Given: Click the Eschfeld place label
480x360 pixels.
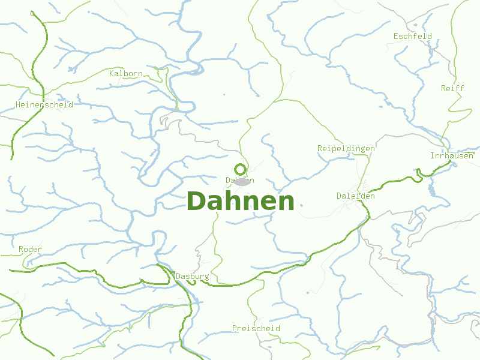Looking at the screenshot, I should coord(412,36).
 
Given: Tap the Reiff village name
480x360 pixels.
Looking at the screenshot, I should coord(452,88).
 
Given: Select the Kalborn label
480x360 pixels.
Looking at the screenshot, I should coord(126,74).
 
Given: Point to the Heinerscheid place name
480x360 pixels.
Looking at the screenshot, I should coord(44,104).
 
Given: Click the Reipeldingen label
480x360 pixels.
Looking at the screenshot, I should coord(346,148).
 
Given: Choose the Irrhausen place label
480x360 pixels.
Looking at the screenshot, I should coord(452,155).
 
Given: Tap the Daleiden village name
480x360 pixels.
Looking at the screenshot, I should coord(356,196).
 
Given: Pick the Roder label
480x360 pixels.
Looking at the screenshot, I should coord(30,249).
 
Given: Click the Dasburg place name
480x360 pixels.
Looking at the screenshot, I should coord(192,276).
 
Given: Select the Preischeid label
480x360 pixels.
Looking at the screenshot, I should coord(256,329).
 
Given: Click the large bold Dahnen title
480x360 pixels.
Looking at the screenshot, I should coord(241,201).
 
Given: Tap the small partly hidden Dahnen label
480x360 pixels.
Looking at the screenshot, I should coord(239,180).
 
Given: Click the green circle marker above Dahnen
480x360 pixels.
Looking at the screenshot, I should coord(240,169).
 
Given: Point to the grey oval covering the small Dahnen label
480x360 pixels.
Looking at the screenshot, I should coord(242,181).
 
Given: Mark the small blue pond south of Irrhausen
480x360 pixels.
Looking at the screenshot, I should coord(431,191).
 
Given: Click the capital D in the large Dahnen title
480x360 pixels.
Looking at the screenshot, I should coord(197,201).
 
